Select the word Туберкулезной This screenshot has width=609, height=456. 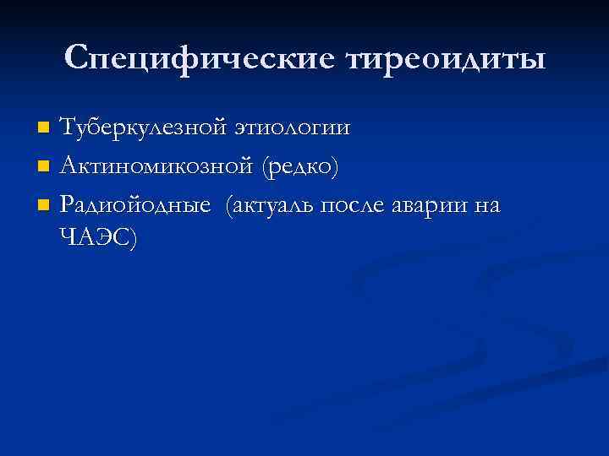143,128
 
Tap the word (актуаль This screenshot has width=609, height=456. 272,205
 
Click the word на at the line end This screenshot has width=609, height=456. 486,205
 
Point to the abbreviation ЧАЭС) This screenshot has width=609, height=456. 97,238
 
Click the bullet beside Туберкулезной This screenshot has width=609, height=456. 45,129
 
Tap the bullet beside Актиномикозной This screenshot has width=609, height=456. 45,167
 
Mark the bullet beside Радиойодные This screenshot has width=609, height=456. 45,205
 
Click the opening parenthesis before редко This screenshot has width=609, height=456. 266,167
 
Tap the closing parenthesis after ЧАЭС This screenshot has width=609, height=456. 130,239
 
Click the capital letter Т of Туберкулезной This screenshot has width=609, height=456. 68,128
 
